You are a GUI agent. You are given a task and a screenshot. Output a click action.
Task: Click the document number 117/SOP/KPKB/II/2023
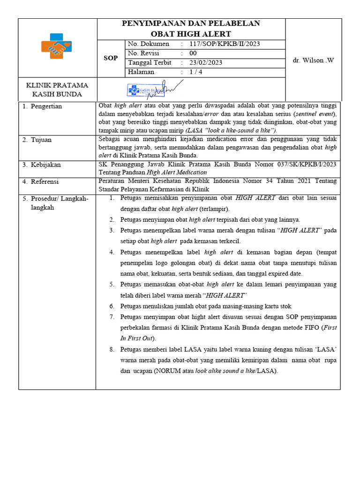point(225,44)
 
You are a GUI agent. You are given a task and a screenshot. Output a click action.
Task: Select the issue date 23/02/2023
point(206,63)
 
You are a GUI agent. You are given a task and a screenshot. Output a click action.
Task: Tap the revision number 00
point(193,53)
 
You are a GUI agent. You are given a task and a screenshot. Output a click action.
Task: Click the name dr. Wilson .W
point(313,60)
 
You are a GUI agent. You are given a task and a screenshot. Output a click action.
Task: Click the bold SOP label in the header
point(111,58)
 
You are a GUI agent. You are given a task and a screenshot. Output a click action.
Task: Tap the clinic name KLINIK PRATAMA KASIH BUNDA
point(57,90)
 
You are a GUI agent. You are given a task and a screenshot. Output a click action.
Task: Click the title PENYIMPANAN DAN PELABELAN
point(191,23)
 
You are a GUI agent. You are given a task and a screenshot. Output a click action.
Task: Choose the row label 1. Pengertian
point(43,106)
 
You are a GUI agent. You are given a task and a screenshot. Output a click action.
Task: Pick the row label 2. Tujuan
point(37,140)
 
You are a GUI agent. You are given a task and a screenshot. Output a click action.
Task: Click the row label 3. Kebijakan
point(42,165)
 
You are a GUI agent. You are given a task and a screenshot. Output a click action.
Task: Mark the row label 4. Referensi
point(42,181)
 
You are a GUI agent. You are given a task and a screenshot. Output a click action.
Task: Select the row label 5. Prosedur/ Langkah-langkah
point(55,203)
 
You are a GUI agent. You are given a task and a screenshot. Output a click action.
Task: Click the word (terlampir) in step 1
point(214,209)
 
